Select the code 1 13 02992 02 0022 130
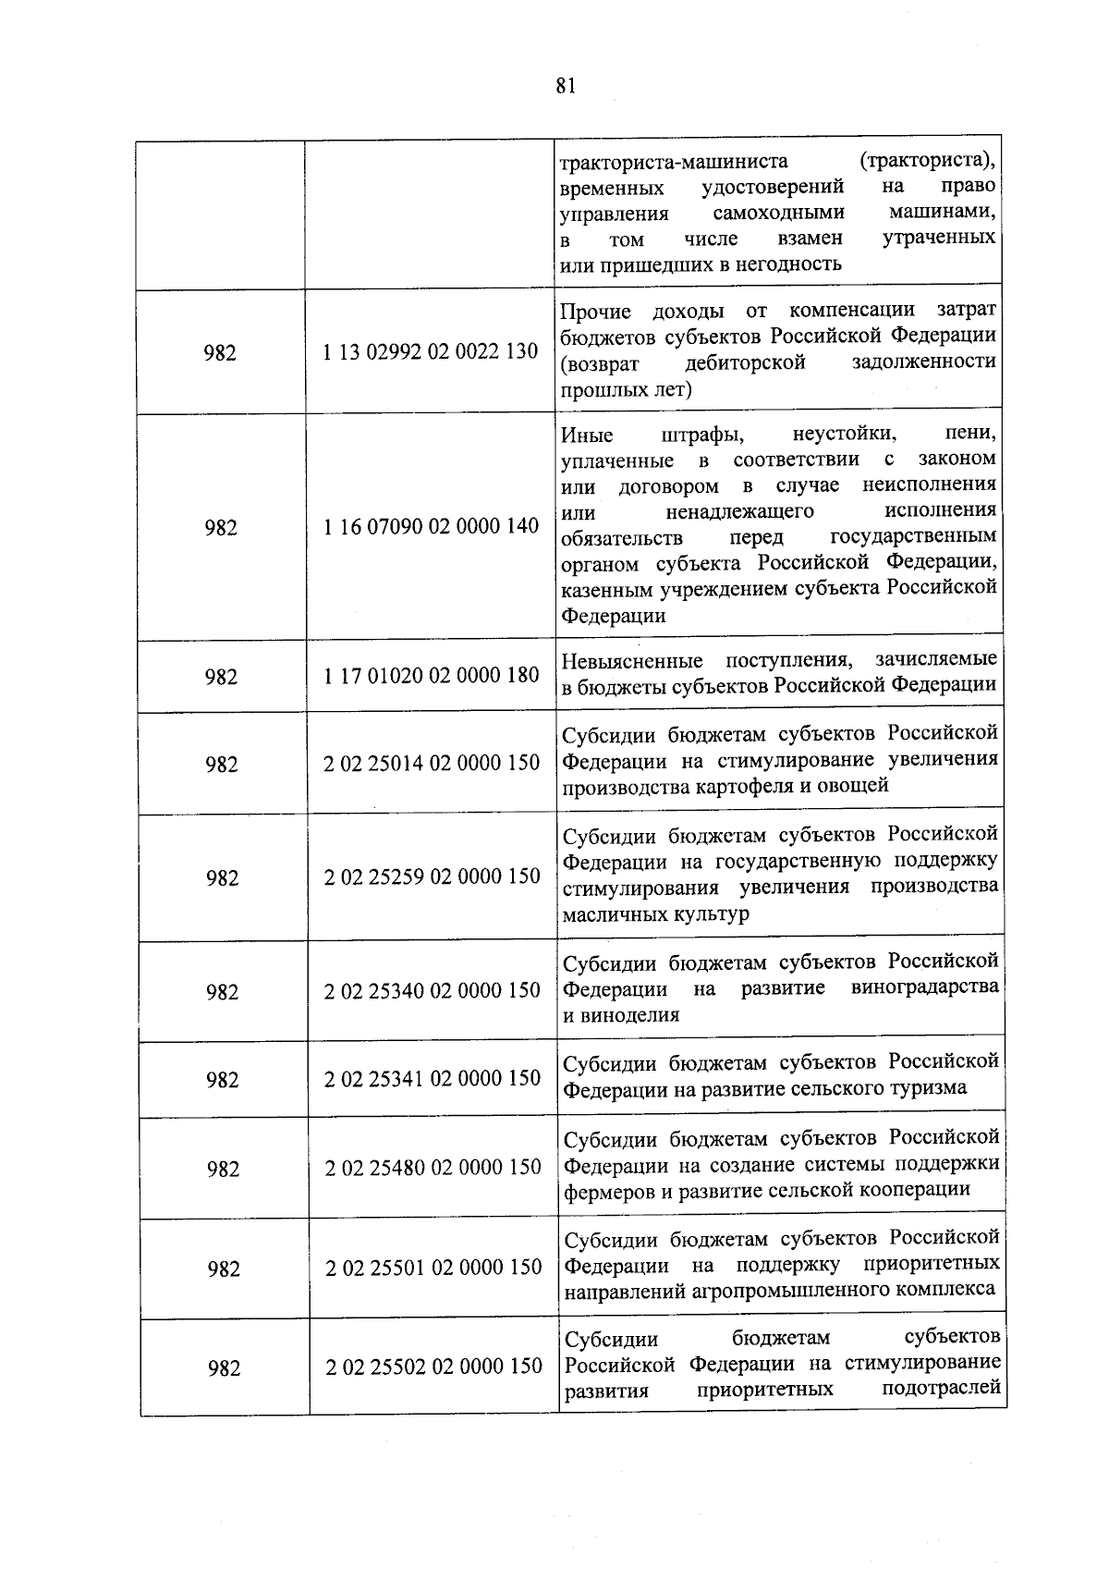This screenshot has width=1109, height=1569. (x=431, y=351)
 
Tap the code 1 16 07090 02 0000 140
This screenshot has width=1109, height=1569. (x=432, y=526)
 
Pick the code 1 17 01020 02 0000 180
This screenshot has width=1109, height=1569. (x=432, y=675)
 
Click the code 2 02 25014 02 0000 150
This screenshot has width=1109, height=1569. (x=432, y=763)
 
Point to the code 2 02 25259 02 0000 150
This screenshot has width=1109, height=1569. (x=432, y=876)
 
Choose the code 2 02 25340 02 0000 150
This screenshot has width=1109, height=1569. (x=432, y=990)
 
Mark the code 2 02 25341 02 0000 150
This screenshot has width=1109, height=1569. (x=432, y=1078)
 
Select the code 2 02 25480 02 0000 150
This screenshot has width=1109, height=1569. (x=433, y=1167)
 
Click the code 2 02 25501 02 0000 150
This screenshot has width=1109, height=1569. (x=433, y=1267)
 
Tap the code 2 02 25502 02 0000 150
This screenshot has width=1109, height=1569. (x=433, y=1366)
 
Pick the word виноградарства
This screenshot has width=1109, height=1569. (x=924, y=987)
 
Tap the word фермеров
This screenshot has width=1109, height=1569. (x=607, y=1190)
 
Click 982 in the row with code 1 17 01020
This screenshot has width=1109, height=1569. (x=221, y=677)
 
